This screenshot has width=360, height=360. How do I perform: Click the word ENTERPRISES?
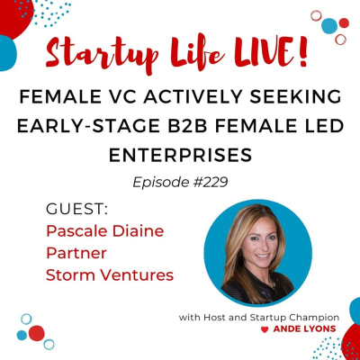[x=180, y=154]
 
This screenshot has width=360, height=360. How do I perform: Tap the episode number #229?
[x=208, y=181]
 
